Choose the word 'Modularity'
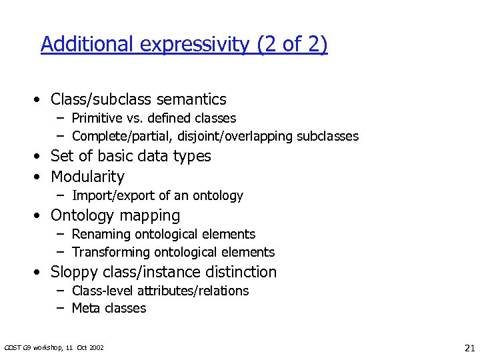pos(87,177)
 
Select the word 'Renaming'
pos(100,234)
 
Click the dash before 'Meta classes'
pos(60,308)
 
